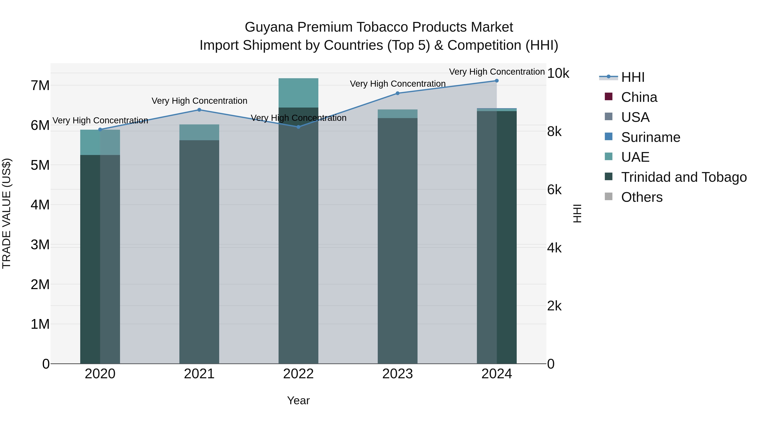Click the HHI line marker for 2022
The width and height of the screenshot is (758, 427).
click(x=298, y=127)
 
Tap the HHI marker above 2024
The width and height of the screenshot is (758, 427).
click(x=497, y=81)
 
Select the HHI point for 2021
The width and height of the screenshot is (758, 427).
click(x=199, y=110)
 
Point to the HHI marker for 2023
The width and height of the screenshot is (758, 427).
click(x=398, y=93)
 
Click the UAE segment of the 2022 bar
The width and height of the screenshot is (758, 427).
click(x=298, y=93)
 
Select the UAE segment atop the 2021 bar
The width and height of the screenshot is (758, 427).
click(x=199, y=132)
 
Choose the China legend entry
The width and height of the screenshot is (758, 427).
click(x=639, y=97)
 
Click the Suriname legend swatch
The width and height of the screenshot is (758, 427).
click(x=609, y=137)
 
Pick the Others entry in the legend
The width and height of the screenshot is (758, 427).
click(x=642, y=197)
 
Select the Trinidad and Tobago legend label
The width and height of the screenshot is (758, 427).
click(x=684, y=177)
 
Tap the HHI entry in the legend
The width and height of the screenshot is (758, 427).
click(x=633, y=77)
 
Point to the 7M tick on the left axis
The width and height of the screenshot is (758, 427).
click(x=40, y=85)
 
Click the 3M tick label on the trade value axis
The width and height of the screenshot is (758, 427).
click(x=40, y=245)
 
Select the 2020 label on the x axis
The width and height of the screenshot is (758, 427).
click(x=100, y=374)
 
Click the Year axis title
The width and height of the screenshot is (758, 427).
click(x=298, y=400)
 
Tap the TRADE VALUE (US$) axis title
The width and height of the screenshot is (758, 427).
click(x=7, y=213)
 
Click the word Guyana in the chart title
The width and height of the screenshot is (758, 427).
click(x=269, y=27)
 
